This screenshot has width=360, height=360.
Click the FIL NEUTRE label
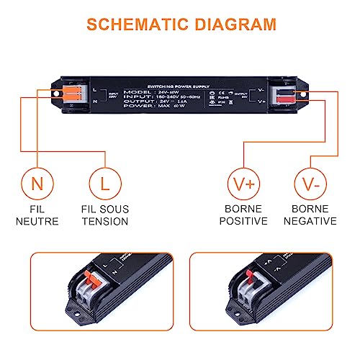pos(37,215)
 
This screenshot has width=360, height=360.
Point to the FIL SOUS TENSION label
pos(105,215)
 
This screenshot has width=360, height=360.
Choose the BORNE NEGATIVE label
pos(310,215)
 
